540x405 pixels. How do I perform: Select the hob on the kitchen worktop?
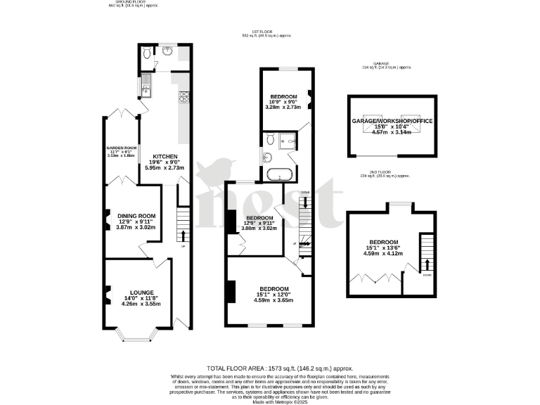click(x=184, y=97)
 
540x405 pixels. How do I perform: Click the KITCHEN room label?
click(x=164, y=156)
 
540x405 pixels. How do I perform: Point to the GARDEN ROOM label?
click(x=120, y=148)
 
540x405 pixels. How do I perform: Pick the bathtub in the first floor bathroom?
click(x=279, y=173)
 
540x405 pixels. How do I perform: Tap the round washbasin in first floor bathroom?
click(x=268, y=157)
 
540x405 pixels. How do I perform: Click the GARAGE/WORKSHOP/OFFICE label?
click(x=392, y=121)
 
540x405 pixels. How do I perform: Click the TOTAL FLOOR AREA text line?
click(x=279, y=368)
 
